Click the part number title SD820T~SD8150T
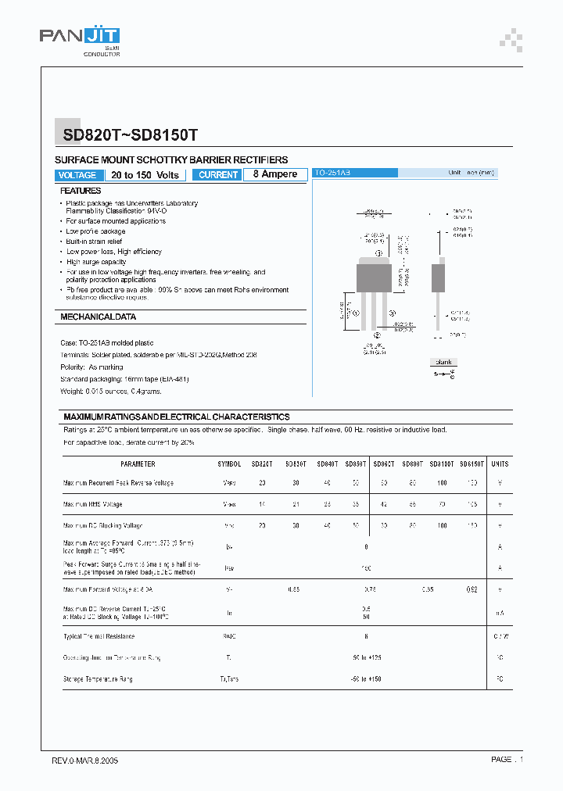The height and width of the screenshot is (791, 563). (131, 134)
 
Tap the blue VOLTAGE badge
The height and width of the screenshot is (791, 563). (77, 175)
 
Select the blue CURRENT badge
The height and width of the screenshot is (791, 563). (218, 175)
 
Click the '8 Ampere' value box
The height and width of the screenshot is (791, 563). (275, 174)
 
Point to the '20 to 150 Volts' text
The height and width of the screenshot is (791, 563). (145, 175)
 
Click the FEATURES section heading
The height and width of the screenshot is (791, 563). (81, 191)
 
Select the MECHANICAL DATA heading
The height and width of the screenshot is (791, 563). (99, 317)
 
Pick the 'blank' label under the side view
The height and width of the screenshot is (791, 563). (444, 362)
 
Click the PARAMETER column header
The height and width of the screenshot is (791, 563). (138, 464)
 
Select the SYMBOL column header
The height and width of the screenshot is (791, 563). (229, 464)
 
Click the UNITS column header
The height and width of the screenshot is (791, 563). (500, 464)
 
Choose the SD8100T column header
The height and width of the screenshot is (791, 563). (443, 464)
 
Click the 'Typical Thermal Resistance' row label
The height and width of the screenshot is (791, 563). (99, 636)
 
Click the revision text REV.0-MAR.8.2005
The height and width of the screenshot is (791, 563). (85, 760)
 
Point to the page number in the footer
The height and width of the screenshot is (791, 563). (507, 760)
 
